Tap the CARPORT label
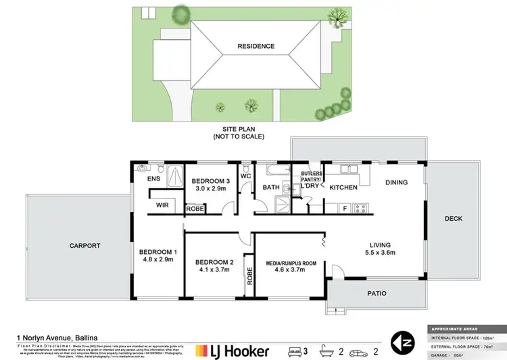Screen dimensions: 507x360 pos(84,246)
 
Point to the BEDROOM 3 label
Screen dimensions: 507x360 pos(212,181)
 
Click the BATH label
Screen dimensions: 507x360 pos(271,187)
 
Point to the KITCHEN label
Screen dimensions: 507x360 pos(343,187)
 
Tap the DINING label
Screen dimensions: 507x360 pos(396,182)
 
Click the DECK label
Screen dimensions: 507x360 pos(452,218)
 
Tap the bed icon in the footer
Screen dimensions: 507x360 pos(295,351)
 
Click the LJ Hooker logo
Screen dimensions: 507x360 pos(233,351)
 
